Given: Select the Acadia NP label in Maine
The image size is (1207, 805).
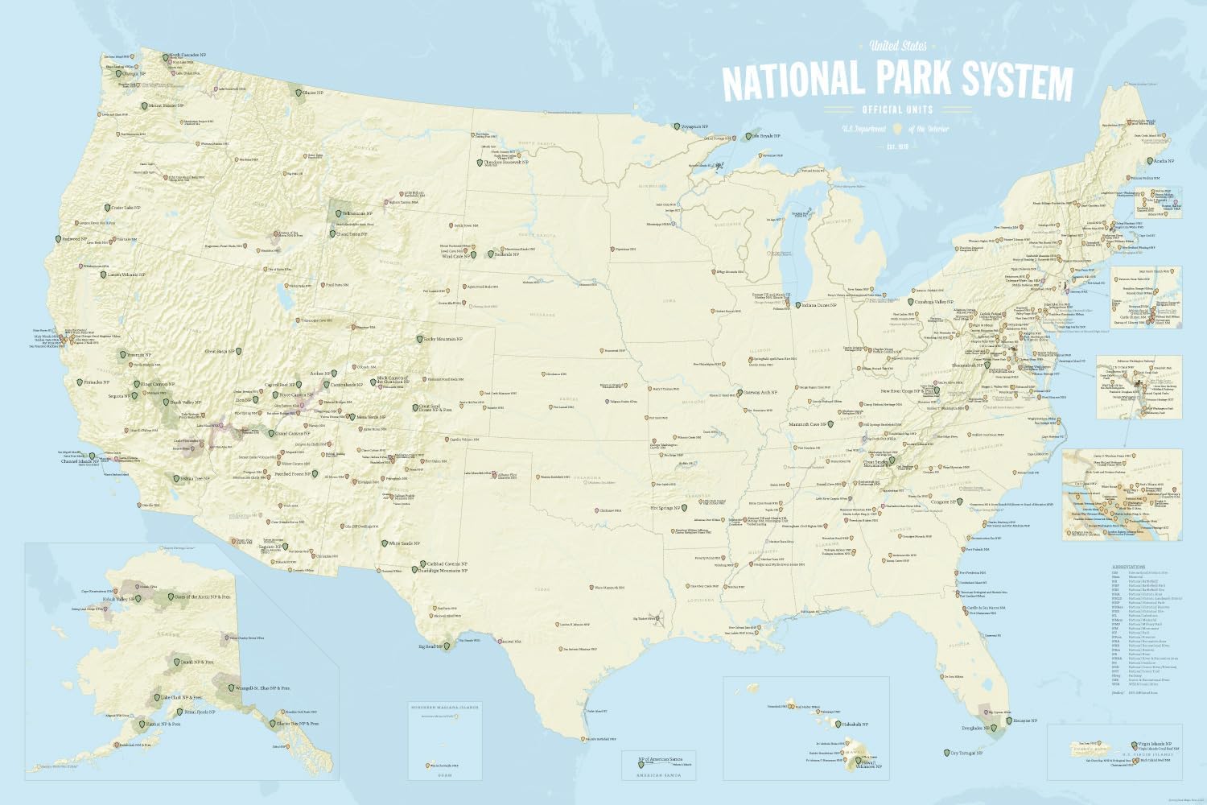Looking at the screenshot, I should coord(1163,160).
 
